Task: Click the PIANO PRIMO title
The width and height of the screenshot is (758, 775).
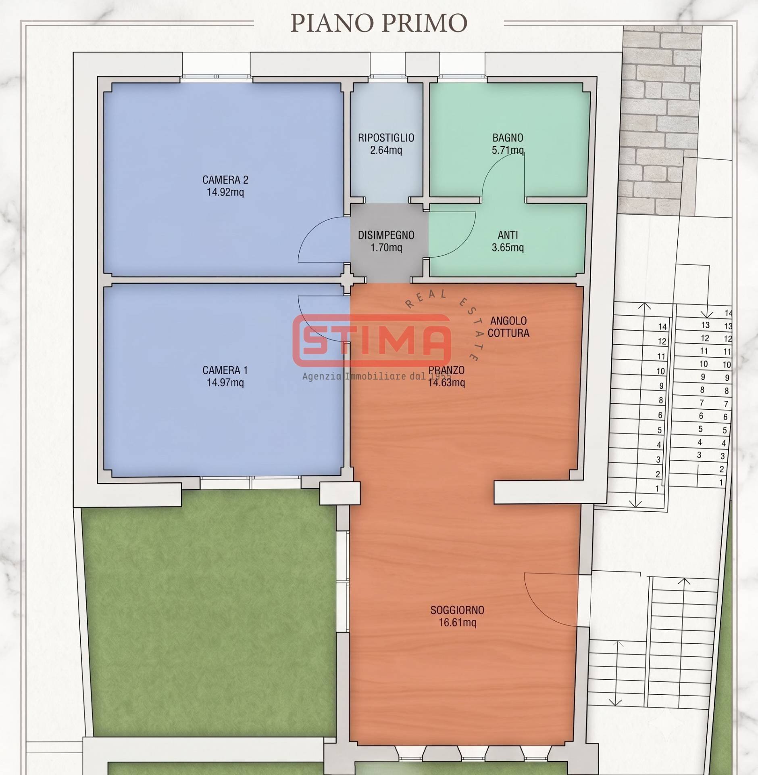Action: click(379, 23)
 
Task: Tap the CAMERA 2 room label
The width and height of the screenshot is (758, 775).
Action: click(225, 180)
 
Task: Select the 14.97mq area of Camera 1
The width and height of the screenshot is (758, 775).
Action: click(225, 382)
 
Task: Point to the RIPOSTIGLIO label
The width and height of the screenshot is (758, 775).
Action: click(386, 138)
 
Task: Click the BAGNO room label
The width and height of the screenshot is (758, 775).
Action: click(508, 138)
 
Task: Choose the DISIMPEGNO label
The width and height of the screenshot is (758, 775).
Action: click(386, 235)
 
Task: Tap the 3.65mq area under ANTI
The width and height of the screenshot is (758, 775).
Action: click(508, 247)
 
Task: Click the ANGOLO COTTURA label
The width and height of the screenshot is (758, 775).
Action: click(508, 327)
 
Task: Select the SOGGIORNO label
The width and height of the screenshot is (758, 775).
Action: click(457, 610)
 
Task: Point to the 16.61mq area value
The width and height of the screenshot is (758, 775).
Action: click(457, 622)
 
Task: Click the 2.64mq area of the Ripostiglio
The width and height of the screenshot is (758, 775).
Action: click(386, 150)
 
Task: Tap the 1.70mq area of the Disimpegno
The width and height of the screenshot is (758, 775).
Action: click(386, 247)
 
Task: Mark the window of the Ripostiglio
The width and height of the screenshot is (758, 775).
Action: click(387, 76)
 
